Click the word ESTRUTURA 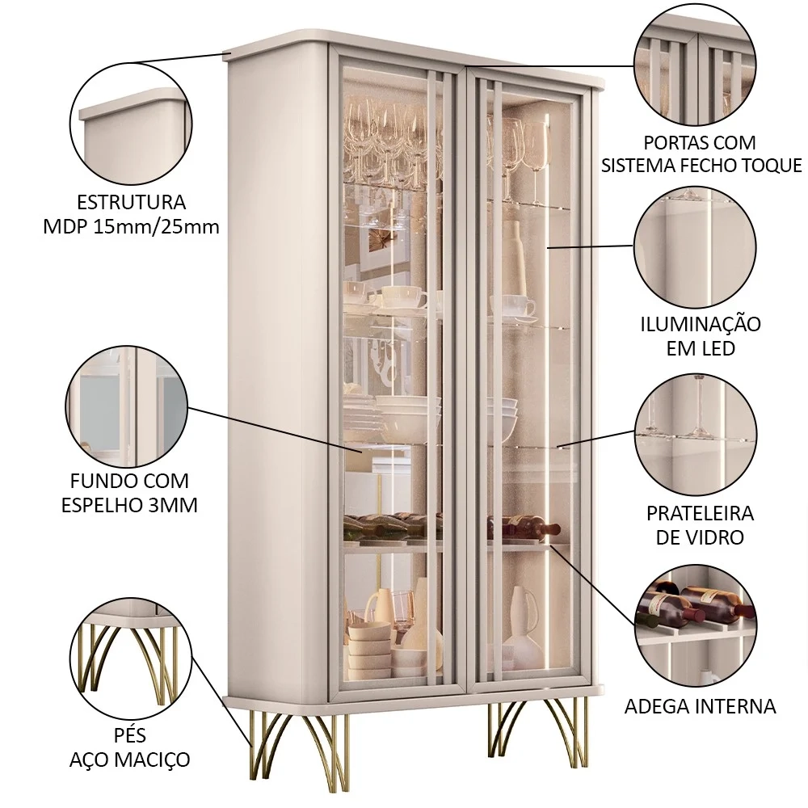coord(130,202)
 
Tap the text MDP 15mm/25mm coord(130,227)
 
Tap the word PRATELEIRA coord(700,514)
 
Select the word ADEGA coord(659,706)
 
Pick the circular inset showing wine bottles coord(696,625)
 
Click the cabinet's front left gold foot coord(279,743)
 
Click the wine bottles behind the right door coord(525,529)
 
